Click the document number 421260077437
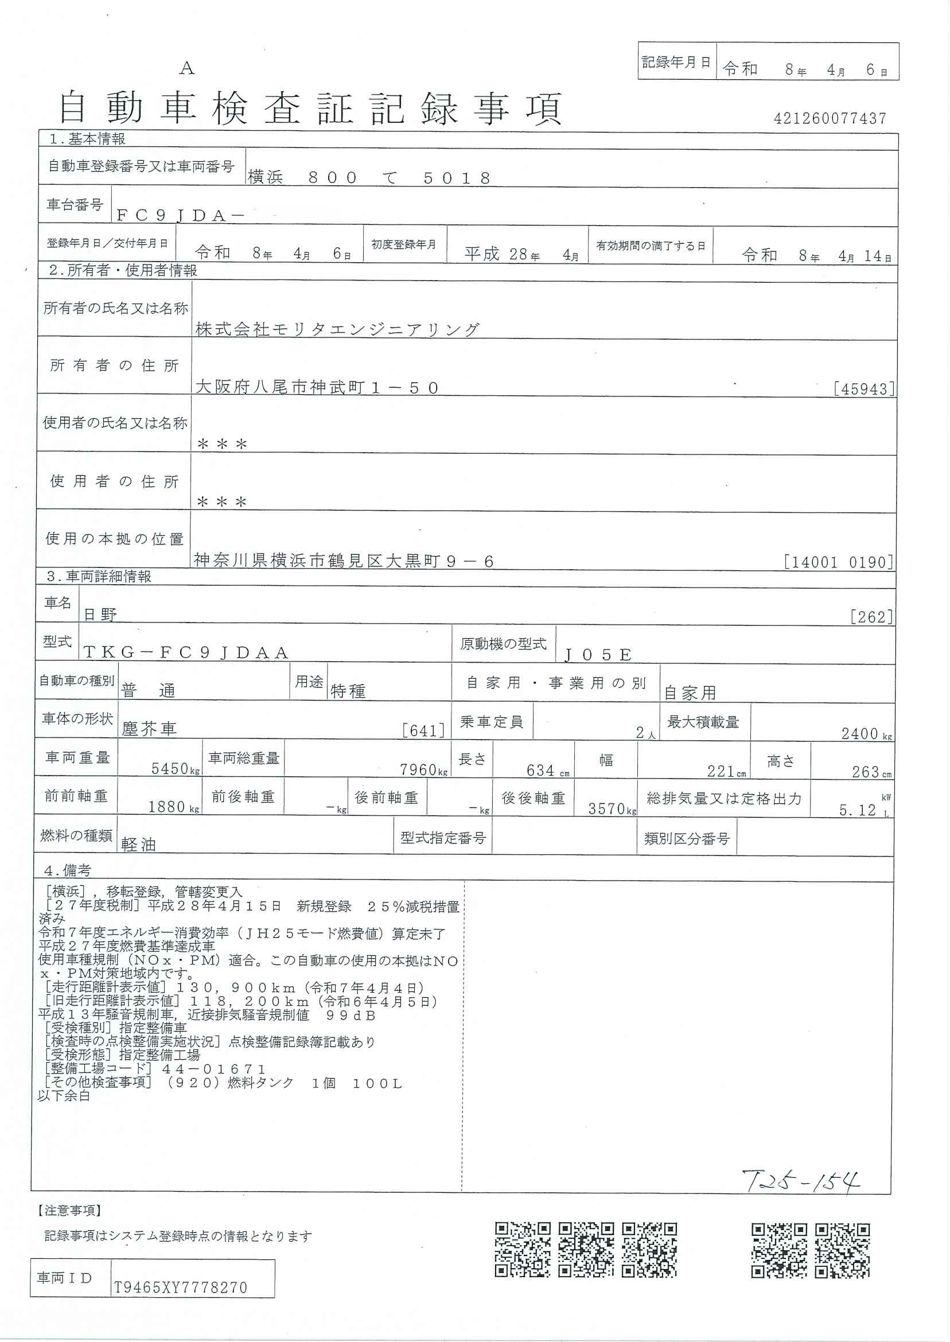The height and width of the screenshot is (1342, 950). pos(830,119)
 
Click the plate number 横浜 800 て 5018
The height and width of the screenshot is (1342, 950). pos(369,178)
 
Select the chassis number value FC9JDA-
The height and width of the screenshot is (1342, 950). pos(180,215)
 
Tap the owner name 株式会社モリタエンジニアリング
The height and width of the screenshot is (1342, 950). pos(337,330)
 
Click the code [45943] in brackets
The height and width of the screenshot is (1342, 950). pos(864,389)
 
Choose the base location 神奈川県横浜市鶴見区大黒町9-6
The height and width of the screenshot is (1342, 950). pos(344,562)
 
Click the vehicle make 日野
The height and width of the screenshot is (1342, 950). pos(100,614)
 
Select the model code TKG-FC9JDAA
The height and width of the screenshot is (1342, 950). pos(186,653)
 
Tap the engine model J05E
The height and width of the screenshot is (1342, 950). pos(598,655)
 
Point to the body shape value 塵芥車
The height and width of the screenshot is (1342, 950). pos(149,729)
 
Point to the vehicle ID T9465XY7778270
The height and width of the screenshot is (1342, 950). pos(180,1287)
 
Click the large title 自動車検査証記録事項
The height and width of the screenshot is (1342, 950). pos(310,110)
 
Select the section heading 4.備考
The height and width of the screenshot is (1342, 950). pos(68,871)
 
